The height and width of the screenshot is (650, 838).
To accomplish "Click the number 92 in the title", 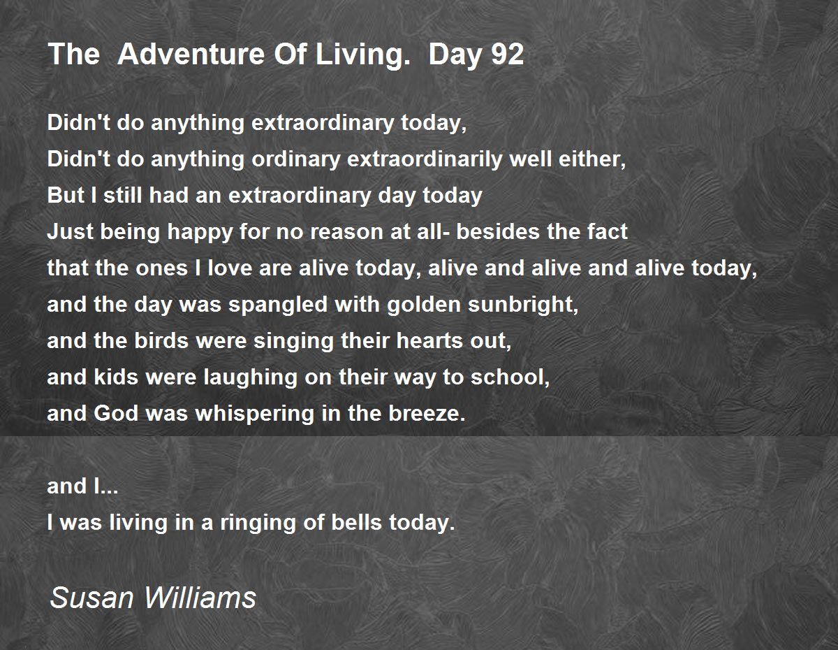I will click(507, 55).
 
